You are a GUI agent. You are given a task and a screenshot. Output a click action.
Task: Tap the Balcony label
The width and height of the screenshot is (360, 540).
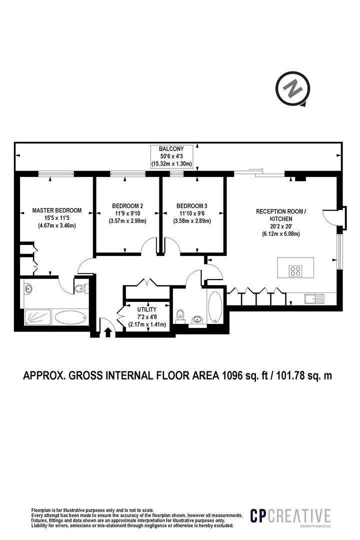pyautogui.click(x=171, y=156)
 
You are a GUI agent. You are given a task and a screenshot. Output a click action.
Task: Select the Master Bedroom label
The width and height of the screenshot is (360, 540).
pyautogui.click(x=57, y=218)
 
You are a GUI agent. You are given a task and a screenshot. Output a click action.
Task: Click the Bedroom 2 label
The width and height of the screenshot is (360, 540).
pyautogui.click(x=127, y=213)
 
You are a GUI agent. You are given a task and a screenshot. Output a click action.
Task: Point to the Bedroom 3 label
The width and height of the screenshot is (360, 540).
pyautogui.click(x=192, y=213)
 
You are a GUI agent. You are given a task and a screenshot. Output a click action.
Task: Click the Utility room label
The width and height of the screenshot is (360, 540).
pyautogui.click(x=147, y=317)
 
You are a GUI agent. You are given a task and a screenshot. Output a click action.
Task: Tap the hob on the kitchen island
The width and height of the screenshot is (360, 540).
pyautogui.click(x=295, y=270)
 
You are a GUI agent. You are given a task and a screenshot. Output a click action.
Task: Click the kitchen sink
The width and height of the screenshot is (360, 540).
pyautogui.click(x=314, y=298)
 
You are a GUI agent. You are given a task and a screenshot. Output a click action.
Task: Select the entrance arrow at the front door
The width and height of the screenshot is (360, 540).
pyautogui.click(x=108, y=332)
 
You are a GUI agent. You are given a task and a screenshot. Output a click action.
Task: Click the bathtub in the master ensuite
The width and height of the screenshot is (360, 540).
pyautogui.click(x=70, y=317)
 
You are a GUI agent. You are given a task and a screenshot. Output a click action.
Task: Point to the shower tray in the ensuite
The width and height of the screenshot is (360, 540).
pyautogui.click(x=37, y=317)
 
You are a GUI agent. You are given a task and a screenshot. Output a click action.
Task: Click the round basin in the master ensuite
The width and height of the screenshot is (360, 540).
pyautogui.click(x=28, y=288)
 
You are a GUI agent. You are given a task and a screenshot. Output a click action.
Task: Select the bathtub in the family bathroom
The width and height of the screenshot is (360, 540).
pyautogui.click(x=215, y=306)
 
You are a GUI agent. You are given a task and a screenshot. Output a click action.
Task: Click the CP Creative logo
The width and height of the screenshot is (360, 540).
pyautogui.click(x=290, y=516)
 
